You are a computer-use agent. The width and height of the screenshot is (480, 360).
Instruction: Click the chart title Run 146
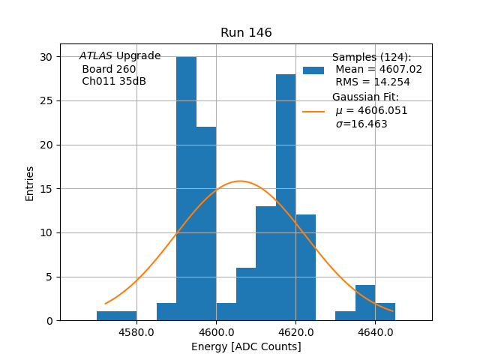click(246, 33)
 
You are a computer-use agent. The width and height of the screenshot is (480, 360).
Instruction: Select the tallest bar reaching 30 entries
click(186, 188)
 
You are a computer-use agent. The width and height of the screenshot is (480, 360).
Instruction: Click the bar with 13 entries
click(265, 263)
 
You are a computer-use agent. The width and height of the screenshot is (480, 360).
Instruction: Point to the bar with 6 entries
click(246, 294)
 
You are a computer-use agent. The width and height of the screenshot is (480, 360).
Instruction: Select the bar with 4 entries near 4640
click(365, 303)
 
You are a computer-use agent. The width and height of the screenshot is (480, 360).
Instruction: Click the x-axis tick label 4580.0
click(136, 332)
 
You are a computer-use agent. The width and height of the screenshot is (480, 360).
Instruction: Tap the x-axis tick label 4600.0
click(216, 332)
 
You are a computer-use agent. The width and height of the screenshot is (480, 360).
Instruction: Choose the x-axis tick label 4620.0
click(295, 332)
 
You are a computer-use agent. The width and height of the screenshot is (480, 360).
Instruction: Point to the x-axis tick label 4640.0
click(375, 332)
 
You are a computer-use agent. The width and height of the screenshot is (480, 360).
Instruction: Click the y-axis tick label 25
click(46, 101)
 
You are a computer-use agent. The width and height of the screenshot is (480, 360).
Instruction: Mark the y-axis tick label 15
click(46, 189)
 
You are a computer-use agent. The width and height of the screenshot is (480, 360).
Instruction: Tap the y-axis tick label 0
click(49, 321)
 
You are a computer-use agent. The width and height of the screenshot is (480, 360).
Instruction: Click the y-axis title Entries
click(30, 183)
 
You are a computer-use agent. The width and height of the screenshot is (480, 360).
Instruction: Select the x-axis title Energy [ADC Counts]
click(246, 346)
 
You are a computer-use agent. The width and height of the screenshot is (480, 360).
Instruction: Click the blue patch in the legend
click(313, 70)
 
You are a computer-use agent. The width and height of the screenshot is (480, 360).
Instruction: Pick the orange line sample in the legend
click(313, 111)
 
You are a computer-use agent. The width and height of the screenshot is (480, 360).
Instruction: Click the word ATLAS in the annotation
click(96, 55)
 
